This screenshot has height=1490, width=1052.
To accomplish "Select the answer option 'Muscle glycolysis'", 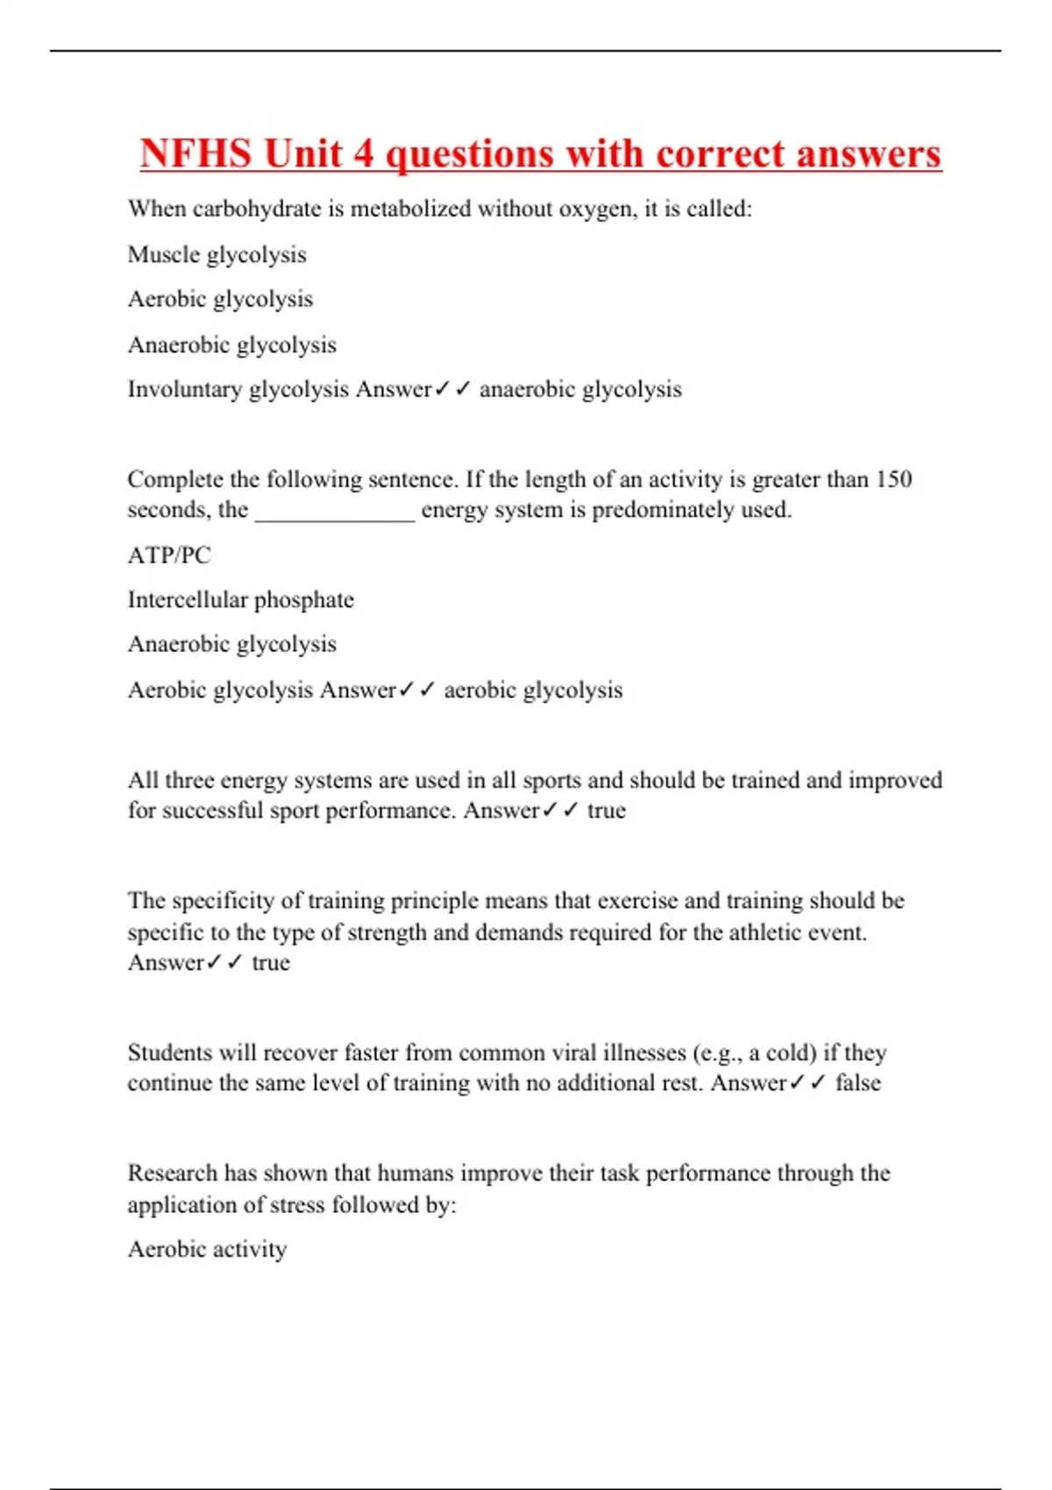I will pyautogui.click(x=217, y=255).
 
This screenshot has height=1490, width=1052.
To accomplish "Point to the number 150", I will pyautogui.click(x=894, y=479).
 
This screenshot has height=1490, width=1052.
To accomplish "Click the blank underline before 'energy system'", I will pyautogui.click(x=334, y=512).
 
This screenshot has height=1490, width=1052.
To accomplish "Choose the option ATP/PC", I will pyautogui.click(x=169, y=556).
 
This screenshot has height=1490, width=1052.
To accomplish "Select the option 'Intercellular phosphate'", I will pyautogui.click(x=240, y=600).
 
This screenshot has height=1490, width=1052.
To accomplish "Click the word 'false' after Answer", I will pyautogui.click(x=857, y=1083).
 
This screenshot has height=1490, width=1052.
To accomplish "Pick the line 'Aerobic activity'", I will pyautogui.click(x=207, y=1249).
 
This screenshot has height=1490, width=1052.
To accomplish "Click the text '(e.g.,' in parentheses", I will pyautogui.click(x=716, y=1053).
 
